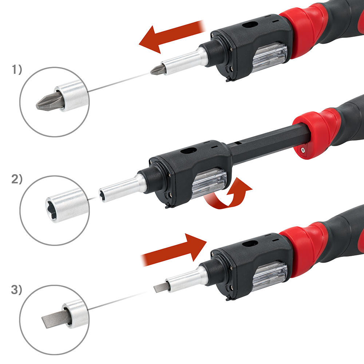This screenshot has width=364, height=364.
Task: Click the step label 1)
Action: point(17,70)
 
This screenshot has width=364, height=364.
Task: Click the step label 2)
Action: point(17,179)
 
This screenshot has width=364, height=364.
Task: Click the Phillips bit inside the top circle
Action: point(50,101)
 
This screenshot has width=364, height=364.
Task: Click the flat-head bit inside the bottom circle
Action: point(56,318)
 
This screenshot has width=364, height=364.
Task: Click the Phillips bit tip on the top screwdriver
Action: point(158,70)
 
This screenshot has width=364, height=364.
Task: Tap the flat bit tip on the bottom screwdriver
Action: point(160,288)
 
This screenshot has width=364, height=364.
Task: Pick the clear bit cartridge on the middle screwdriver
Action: point(209,183)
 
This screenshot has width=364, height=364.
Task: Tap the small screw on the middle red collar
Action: point(302,150)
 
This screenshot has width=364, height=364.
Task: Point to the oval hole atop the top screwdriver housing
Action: point(250,24)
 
